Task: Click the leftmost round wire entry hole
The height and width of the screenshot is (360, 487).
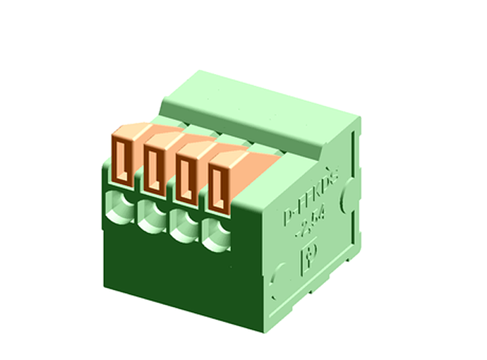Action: click(120, 205)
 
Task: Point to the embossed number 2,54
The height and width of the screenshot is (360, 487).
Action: click(311, 227)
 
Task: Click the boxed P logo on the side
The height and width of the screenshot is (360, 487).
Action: click(308, 256)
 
